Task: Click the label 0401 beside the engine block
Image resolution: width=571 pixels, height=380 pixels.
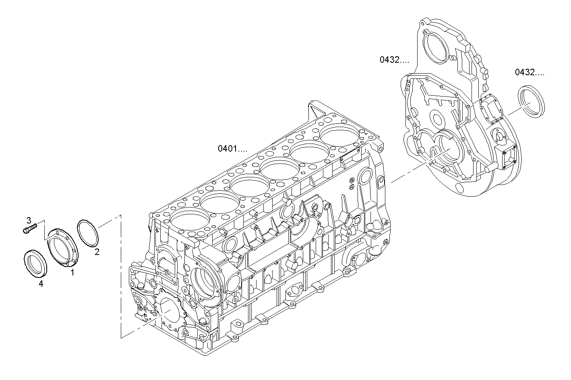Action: click(232, 149)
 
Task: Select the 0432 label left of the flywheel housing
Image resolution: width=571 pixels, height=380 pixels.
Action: click(394, 60)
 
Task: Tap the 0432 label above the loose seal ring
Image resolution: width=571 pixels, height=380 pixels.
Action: click(529, 72)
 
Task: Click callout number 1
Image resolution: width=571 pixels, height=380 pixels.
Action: click(72, 273)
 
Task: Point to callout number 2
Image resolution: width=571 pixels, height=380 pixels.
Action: click(97, 252)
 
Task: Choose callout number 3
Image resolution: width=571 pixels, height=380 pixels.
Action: click(29, 220)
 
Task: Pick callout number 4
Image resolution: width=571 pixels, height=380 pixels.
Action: click(41, 284)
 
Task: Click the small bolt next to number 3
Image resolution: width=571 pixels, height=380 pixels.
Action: click(29, 228)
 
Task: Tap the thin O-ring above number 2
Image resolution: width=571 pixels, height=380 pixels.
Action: click(88, 232)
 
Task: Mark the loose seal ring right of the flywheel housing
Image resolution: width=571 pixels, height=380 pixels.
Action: click(531, 102)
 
